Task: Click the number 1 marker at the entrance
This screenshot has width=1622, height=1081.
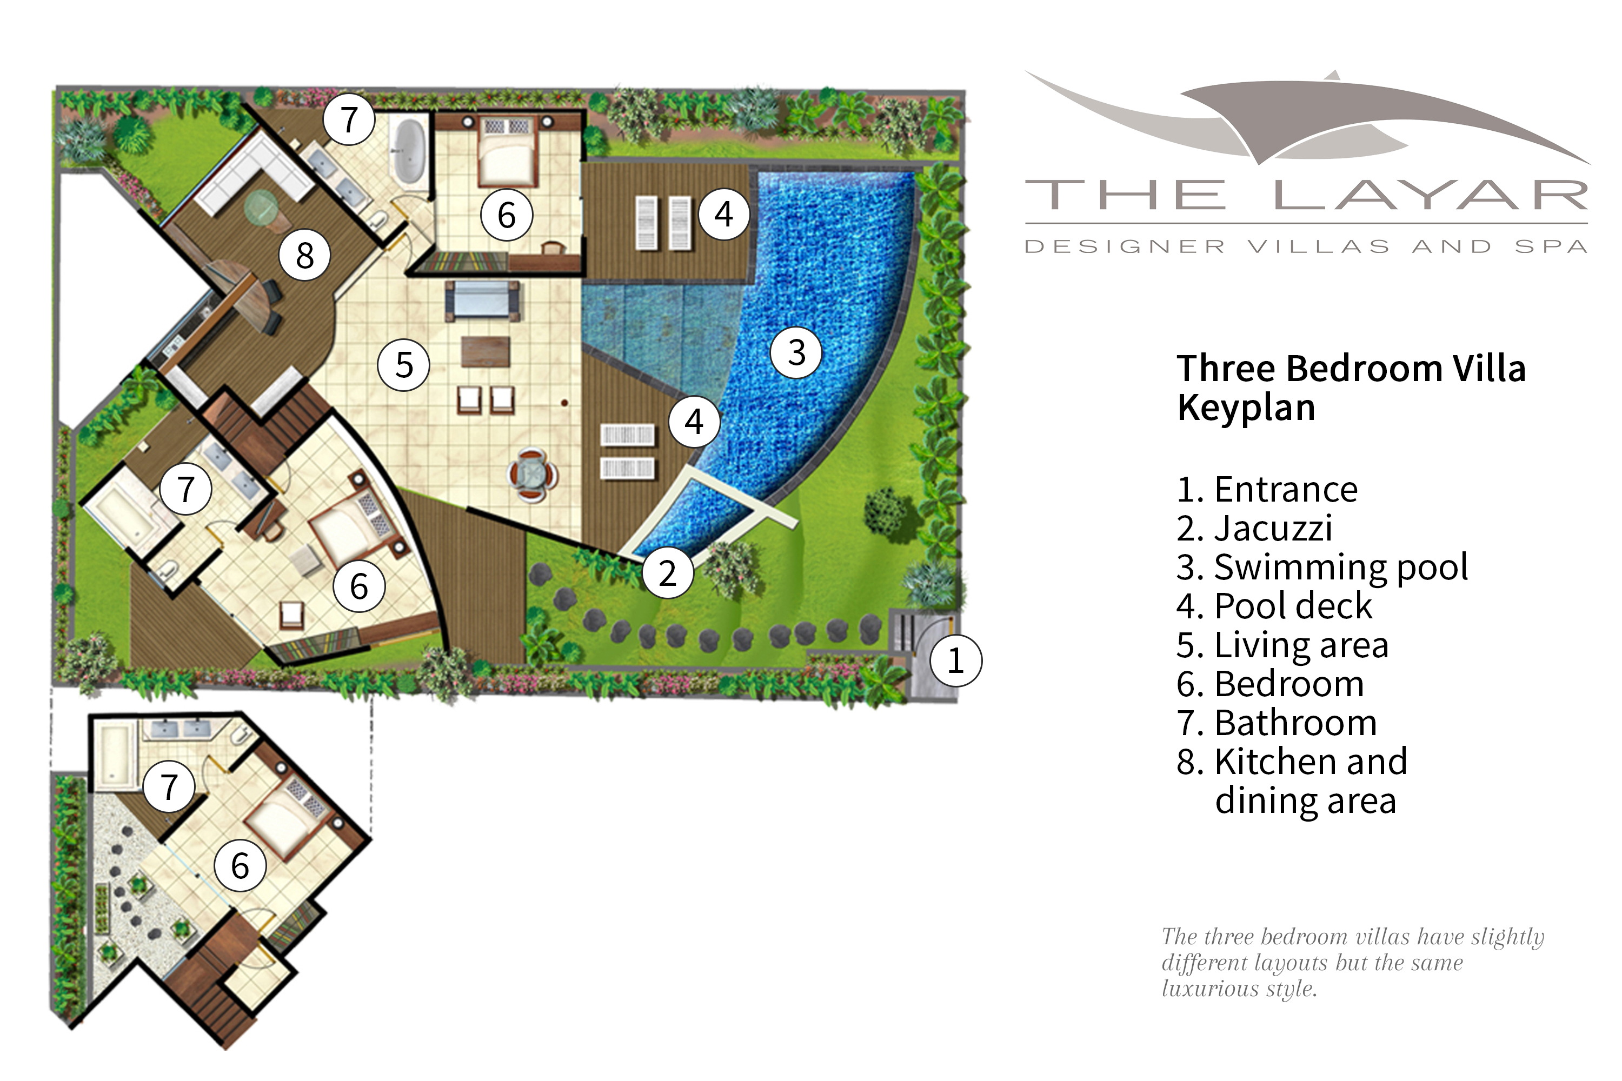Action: pyautogui.click(x=955, y=660)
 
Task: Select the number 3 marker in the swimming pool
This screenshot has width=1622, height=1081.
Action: pyautogui.click(x=796, y=352)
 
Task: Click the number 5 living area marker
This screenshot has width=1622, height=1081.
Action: pyautogui.click(x=403, y=365)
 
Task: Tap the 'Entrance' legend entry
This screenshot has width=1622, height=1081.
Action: pyautogui.click(x=1286, y=490)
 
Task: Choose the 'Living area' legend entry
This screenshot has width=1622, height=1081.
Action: pyautogui.click(x=1301, y=645)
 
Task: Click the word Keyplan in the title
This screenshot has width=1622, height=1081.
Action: pyautogui.click(x=1246, y=408)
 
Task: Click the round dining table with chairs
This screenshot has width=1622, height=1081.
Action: pyautogui.click(x=533, y=475)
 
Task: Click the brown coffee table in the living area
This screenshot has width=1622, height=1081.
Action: pyautogui.click(x=486, y=351)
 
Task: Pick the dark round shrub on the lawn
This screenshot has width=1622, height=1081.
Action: pyautogui.click(x=883, y=510)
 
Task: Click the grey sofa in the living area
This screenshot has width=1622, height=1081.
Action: pyautogui.click(x=482, y=300)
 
